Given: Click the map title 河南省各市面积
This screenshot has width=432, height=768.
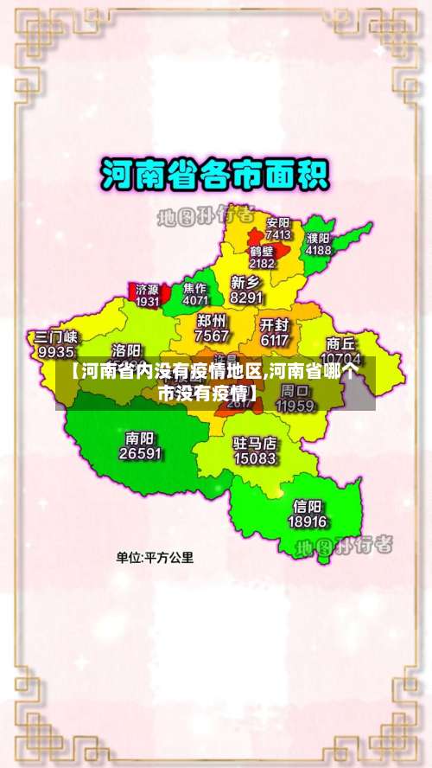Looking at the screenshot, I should click(215, 176).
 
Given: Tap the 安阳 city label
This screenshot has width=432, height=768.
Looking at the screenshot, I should click(278, 221).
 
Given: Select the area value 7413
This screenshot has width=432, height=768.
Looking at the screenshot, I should click(278, 234).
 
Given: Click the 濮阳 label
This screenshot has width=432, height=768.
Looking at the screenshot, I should click(318, 237).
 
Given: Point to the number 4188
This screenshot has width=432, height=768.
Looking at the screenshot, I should click(318, 250).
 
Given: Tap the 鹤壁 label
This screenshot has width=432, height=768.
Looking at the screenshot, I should click(262, 250).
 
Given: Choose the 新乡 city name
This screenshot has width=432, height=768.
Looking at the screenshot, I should click(246, 282).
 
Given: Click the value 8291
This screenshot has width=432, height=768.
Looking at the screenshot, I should click(246, 297).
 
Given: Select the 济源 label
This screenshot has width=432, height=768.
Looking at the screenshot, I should click(147, 289).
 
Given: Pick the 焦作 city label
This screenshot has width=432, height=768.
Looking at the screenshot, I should click(195, 288).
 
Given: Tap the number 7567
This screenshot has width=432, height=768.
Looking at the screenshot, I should click(212, 336).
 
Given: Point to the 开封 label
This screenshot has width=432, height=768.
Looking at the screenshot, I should click(274, 325).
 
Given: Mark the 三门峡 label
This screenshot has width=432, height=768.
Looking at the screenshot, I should click(56, 336).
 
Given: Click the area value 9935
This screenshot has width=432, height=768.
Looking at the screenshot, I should click(56, 352).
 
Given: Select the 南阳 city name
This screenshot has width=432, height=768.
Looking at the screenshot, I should click(140, 438).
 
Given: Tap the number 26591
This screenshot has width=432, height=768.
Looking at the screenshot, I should click(140, 452).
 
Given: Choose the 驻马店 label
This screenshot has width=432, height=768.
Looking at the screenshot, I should click(255, 443).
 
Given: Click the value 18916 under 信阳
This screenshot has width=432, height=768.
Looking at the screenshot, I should click(308, 522).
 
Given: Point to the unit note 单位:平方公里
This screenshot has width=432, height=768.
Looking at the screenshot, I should click(156, 558).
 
